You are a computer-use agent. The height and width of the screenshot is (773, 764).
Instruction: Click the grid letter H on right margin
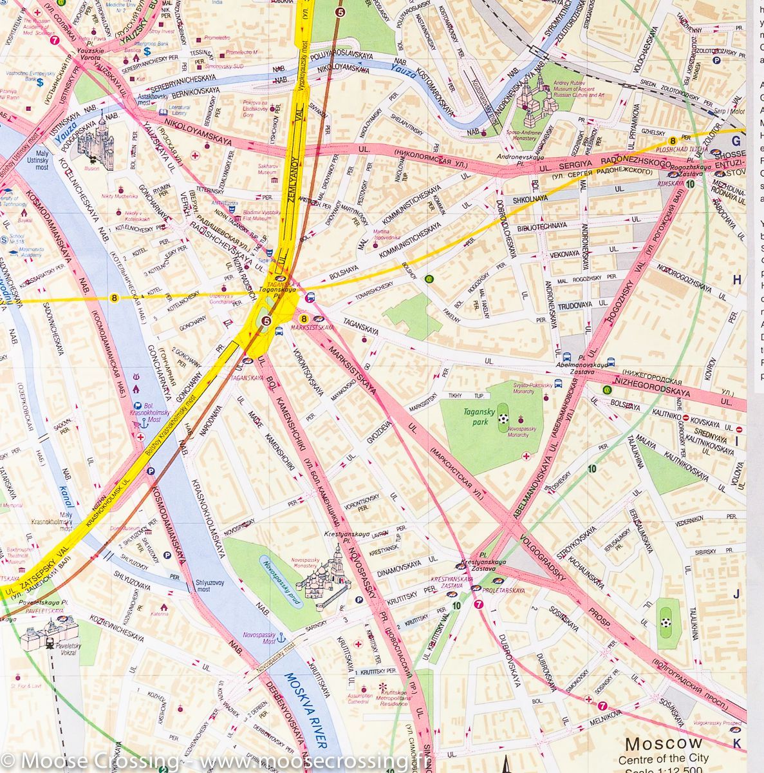pyautogui.click(x=738, y=280)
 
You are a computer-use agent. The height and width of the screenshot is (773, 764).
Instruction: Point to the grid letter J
pyautogui.click(x=738, y=593)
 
